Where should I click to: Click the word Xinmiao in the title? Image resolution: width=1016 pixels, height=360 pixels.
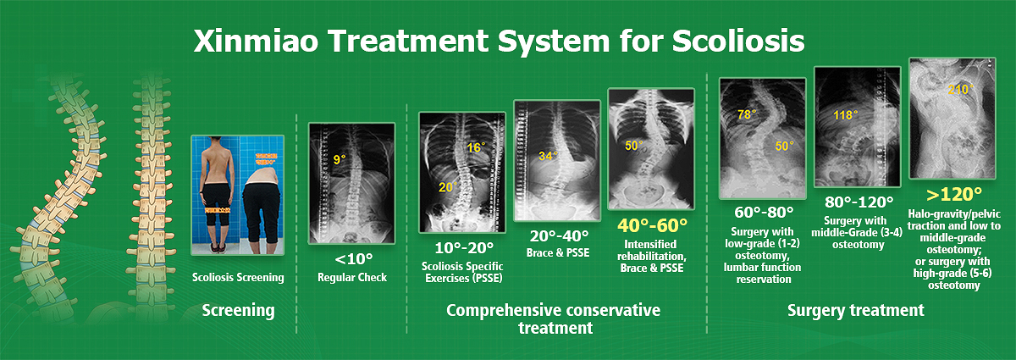click(257, 41)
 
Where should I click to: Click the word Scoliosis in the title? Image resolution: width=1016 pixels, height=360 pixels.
click(738, 41)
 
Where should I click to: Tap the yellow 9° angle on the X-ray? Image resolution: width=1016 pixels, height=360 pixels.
click(340, 159)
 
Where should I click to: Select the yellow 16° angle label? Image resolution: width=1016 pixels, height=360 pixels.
click(476, 147)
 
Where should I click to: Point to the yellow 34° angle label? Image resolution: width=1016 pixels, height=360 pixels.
click(548, 156)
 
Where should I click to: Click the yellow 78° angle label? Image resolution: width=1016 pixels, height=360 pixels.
click(747, 114)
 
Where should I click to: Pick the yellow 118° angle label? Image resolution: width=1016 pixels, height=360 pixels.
click(846, 116)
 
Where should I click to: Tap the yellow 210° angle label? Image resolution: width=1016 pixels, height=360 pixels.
click(960, 90)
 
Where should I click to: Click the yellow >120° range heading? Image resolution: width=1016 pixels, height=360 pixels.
click(954, 194)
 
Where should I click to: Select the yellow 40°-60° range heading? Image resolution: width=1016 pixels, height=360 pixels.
click(652, 225)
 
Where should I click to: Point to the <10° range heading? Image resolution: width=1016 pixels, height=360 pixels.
click(353, 258)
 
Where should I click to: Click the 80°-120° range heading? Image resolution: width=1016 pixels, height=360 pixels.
click(859, 202)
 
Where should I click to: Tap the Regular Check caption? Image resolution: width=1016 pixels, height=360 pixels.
click(352, 277)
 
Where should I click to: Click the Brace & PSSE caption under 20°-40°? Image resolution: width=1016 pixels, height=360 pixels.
click(558, 253)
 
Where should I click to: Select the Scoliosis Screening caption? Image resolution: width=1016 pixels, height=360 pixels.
click(238, 277)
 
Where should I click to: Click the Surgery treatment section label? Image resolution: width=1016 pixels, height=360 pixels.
click(855, 311)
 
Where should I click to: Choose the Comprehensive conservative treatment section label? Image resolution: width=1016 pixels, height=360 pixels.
click(554, 318)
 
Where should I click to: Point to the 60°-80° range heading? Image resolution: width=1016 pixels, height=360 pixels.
click(764, 212)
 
